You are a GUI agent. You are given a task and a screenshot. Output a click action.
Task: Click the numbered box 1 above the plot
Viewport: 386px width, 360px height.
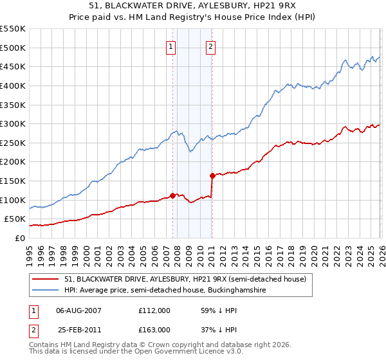tap(171, 46)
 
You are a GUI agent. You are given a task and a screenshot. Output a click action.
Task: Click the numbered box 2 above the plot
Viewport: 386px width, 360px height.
tap(211, 46)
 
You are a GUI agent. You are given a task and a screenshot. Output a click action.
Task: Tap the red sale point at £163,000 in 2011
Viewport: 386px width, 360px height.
tap(212, 175)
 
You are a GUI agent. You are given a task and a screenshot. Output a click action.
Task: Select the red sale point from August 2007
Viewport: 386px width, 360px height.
tap(172, 195)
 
